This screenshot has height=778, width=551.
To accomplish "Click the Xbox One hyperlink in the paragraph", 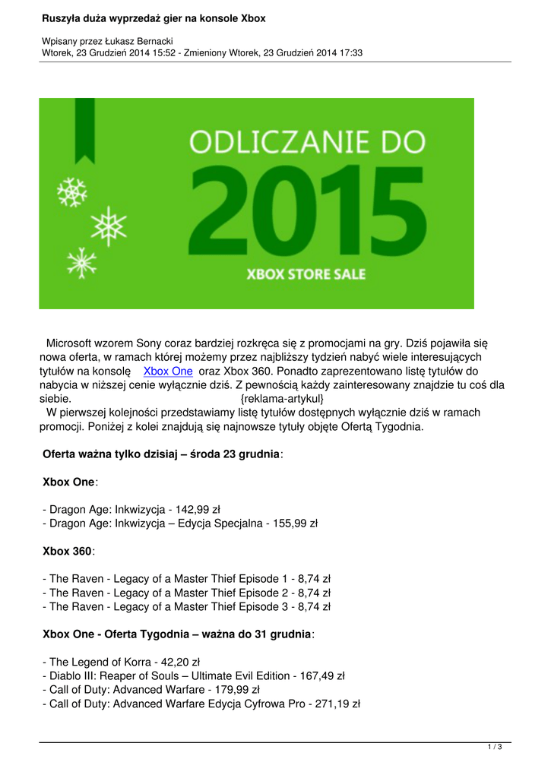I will [x=168, y=372].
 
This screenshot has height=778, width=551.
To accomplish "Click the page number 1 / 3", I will [x=495, y=748].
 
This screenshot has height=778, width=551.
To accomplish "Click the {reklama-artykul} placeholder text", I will [x=282, y=399].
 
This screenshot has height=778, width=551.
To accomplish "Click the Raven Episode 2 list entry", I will [x=186, y=593].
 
